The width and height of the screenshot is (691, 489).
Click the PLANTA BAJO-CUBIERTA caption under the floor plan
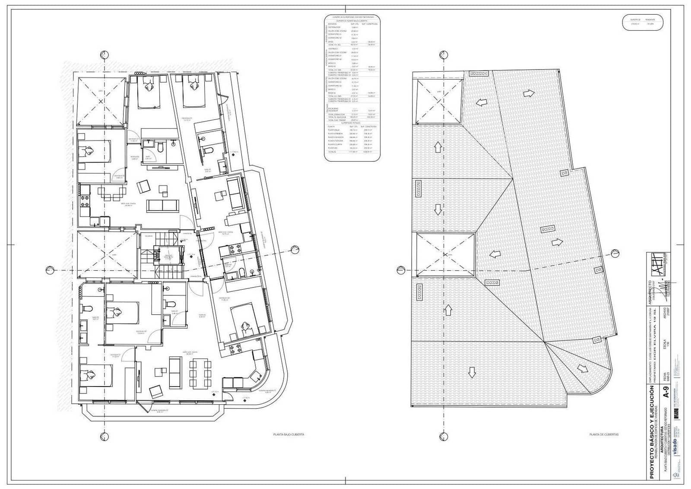point(288,435)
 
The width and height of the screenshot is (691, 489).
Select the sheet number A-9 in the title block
point(667,394)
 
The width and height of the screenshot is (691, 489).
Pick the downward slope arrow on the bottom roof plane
point(471,372)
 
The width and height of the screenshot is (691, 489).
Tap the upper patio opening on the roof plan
point(437,101)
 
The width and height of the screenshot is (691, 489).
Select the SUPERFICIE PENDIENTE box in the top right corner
point(643,22)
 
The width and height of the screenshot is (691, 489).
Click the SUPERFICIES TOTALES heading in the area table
point(353,122)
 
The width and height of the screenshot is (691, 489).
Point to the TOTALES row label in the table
point(332,152)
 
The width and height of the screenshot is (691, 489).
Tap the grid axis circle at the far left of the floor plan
point(50,270)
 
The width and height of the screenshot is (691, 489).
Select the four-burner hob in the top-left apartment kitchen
point(83,200)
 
